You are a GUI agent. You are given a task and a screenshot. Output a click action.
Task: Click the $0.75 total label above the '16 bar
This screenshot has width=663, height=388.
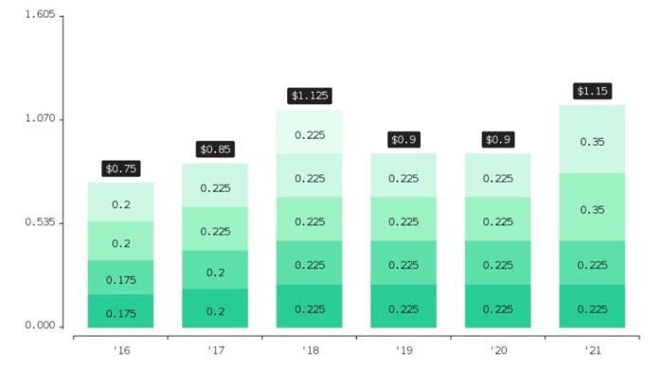(x=120, y=168)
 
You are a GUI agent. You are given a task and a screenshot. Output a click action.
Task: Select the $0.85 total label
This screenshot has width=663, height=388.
(x=215, y=150)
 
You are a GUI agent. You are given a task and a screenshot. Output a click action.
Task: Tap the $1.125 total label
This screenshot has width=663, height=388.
(x=309, y=96)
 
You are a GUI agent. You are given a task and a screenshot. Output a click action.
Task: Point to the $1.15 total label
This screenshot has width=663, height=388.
(x=593, y=91)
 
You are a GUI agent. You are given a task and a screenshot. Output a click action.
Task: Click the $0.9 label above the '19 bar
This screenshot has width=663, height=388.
(x=403, y=139)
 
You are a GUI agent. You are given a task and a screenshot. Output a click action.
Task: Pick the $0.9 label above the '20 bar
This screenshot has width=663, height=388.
(x=497, y=139)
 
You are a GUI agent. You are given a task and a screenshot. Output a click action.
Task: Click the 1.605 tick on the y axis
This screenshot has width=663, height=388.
(x=40, y=16)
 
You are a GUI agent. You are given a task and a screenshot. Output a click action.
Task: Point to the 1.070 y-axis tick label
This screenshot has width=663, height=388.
(x=40, y=119)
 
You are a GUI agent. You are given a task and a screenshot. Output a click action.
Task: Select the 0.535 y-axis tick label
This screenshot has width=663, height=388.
(x=40, y=223)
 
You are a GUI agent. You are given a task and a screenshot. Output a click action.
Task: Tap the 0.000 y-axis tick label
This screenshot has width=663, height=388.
(x=40, y=326)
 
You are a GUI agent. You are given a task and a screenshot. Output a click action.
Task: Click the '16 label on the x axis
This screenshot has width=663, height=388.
(x=120, y=350)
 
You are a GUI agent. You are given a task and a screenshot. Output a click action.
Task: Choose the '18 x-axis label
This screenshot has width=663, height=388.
(x=309, y=350)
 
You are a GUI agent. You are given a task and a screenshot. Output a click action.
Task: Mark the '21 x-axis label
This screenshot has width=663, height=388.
(x=593, y=350)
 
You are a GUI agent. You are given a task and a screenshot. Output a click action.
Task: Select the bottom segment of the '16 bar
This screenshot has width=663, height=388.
(x=120, y=311)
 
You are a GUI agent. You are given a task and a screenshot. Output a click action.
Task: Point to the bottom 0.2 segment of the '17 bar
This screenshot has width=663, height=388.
(x=215, y=309)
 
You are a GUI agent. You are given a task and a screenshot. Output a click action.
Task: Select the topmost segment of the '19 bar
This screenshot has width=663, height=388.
(x=403, y=176)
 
